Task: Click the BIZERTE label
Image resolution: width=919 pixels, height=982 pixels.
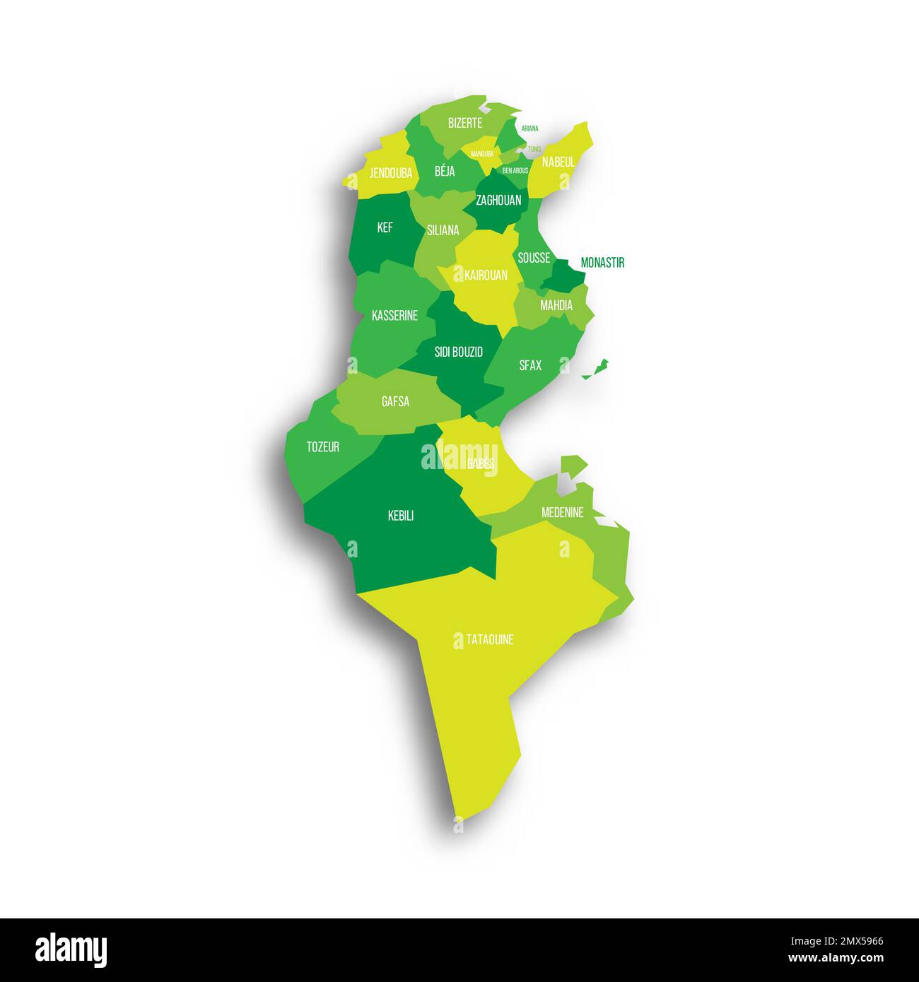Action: (464, 123)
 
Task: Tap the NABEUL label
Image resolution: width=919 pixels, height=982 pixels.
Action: (558, 162)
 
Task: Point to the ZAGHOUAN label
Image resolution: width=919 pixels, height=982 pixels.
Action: (498, 200)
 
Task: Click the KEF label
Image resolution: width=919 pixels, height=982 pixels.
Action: (385, 227)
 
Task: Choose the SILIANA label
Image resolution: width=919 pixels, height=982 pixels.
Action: (443, 230)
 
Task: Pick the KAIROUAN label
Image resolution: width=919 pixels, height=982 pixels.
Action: (486, 275)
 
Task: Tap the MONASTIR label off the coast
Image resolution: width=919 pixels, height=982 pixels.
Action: (602, 263)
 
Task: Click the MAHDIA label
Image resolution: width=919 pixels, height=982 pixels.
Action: (556, 306)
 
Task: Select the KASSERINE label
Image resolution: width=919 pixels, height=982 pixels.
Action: (394, 316)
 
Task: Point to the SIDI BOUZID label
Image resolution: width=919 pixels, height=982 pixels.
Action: (459, 351)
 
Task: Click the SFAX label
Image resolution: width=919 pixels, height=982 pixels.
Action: (530, 365)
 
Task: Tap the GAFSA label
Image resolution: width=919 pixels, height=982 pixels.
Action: (395, 402)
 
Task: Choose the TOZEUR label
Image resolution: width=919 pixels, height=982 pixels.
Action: (322, 446)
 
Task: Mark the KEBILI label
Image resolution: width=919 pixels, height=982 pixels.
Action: (401, 516)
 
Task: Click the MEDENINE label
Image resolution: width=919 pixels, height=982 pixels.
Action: (563, 512)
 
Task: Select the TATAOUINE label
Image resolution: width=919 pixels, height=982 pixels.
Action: (490, 640)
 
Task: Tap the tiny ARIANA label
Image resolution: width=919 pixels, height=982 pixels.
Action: (529, 129)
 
